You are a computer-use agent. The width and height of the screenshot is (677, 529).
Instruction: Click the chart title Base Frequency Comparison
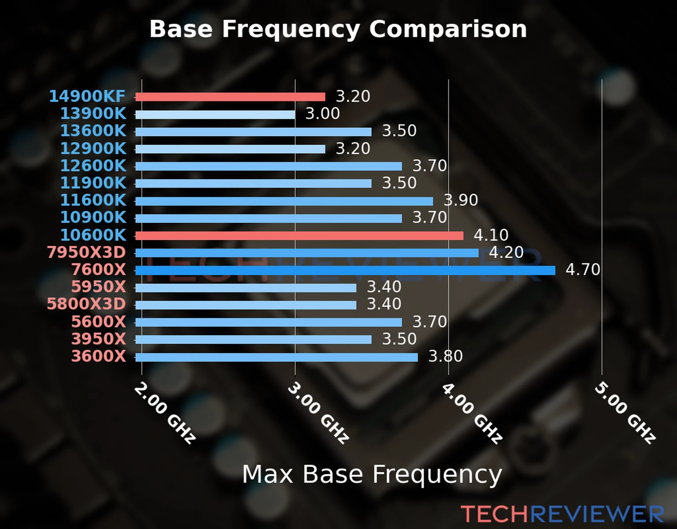click(x=338, y=29)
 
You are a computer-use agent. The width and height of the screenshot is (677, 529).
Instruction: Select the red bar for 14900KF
click(x=230, y=97)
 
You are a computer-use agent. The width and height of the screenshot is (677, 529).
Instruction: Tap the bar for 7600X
click(x=345, y=270)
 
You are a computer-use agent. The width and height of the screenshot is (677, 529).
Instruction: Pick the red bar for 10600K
click(x=299, y=236)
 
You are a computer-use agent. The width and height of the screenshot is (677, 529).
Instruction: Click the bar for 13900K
click(x=215, y=115)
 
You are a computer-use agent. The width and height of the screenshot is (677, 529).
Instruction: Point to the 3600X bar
click(x=276, y=357)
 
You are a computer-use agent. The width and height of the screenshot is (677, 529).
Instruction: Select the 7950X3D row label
click(x=86, y=253)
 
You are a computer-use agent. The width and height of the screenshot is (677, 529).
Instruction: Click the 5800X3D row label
click(x=86, y=304)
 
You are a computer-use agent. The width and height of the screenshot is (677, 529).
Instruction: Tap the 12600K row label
click(x=93, y=166)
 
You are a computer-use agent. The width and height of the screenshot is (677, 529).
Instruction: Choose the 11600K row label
click(x=93, y=200)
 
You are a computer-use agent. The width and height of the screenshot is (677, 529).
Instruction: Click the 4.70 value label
click(x=583, y=269)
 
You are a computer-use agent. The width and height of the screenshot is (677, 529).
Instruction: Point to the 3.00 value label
click(x=323, y=114)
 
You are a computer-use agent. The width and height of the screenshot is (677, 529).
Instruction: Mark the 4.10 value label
click(x=491, y=235)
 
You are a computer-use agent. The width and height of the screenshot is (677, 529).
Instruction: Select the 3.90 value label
click(x=461, y=200)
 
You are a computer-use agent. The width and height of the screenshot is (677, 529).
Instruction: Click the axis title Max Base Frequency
click(x=372, y=474)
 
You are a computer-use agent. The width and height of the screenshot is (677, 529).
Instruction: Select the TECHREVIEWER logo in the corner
click(x=562, y=514)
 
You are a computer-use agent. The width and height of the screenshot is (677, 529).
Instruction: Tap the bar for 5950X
click(x=246, y=288)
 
